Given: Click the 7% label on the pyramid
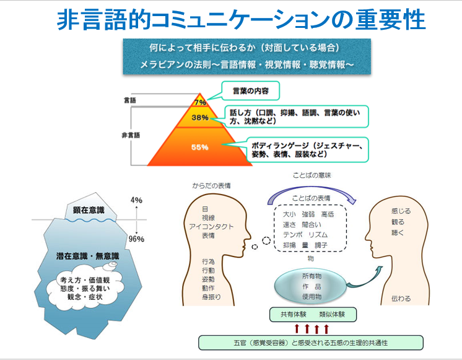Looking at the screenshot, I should point(200,103).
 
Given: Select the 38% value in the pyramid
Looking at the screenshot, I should point(200,118).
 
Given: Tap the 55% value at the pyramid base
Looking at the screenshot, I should point(199,147).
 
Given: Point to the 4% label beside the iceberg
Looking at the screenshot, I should point(136,200).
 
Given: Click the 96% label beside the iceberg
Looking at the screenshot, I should point(136,239).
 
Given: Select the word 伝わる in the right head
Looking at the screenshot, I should point(401,299).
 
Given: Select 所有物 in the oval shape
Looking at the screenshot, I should point(312,275).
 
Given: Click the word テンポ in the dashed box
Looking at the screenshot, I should point(292,235).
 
